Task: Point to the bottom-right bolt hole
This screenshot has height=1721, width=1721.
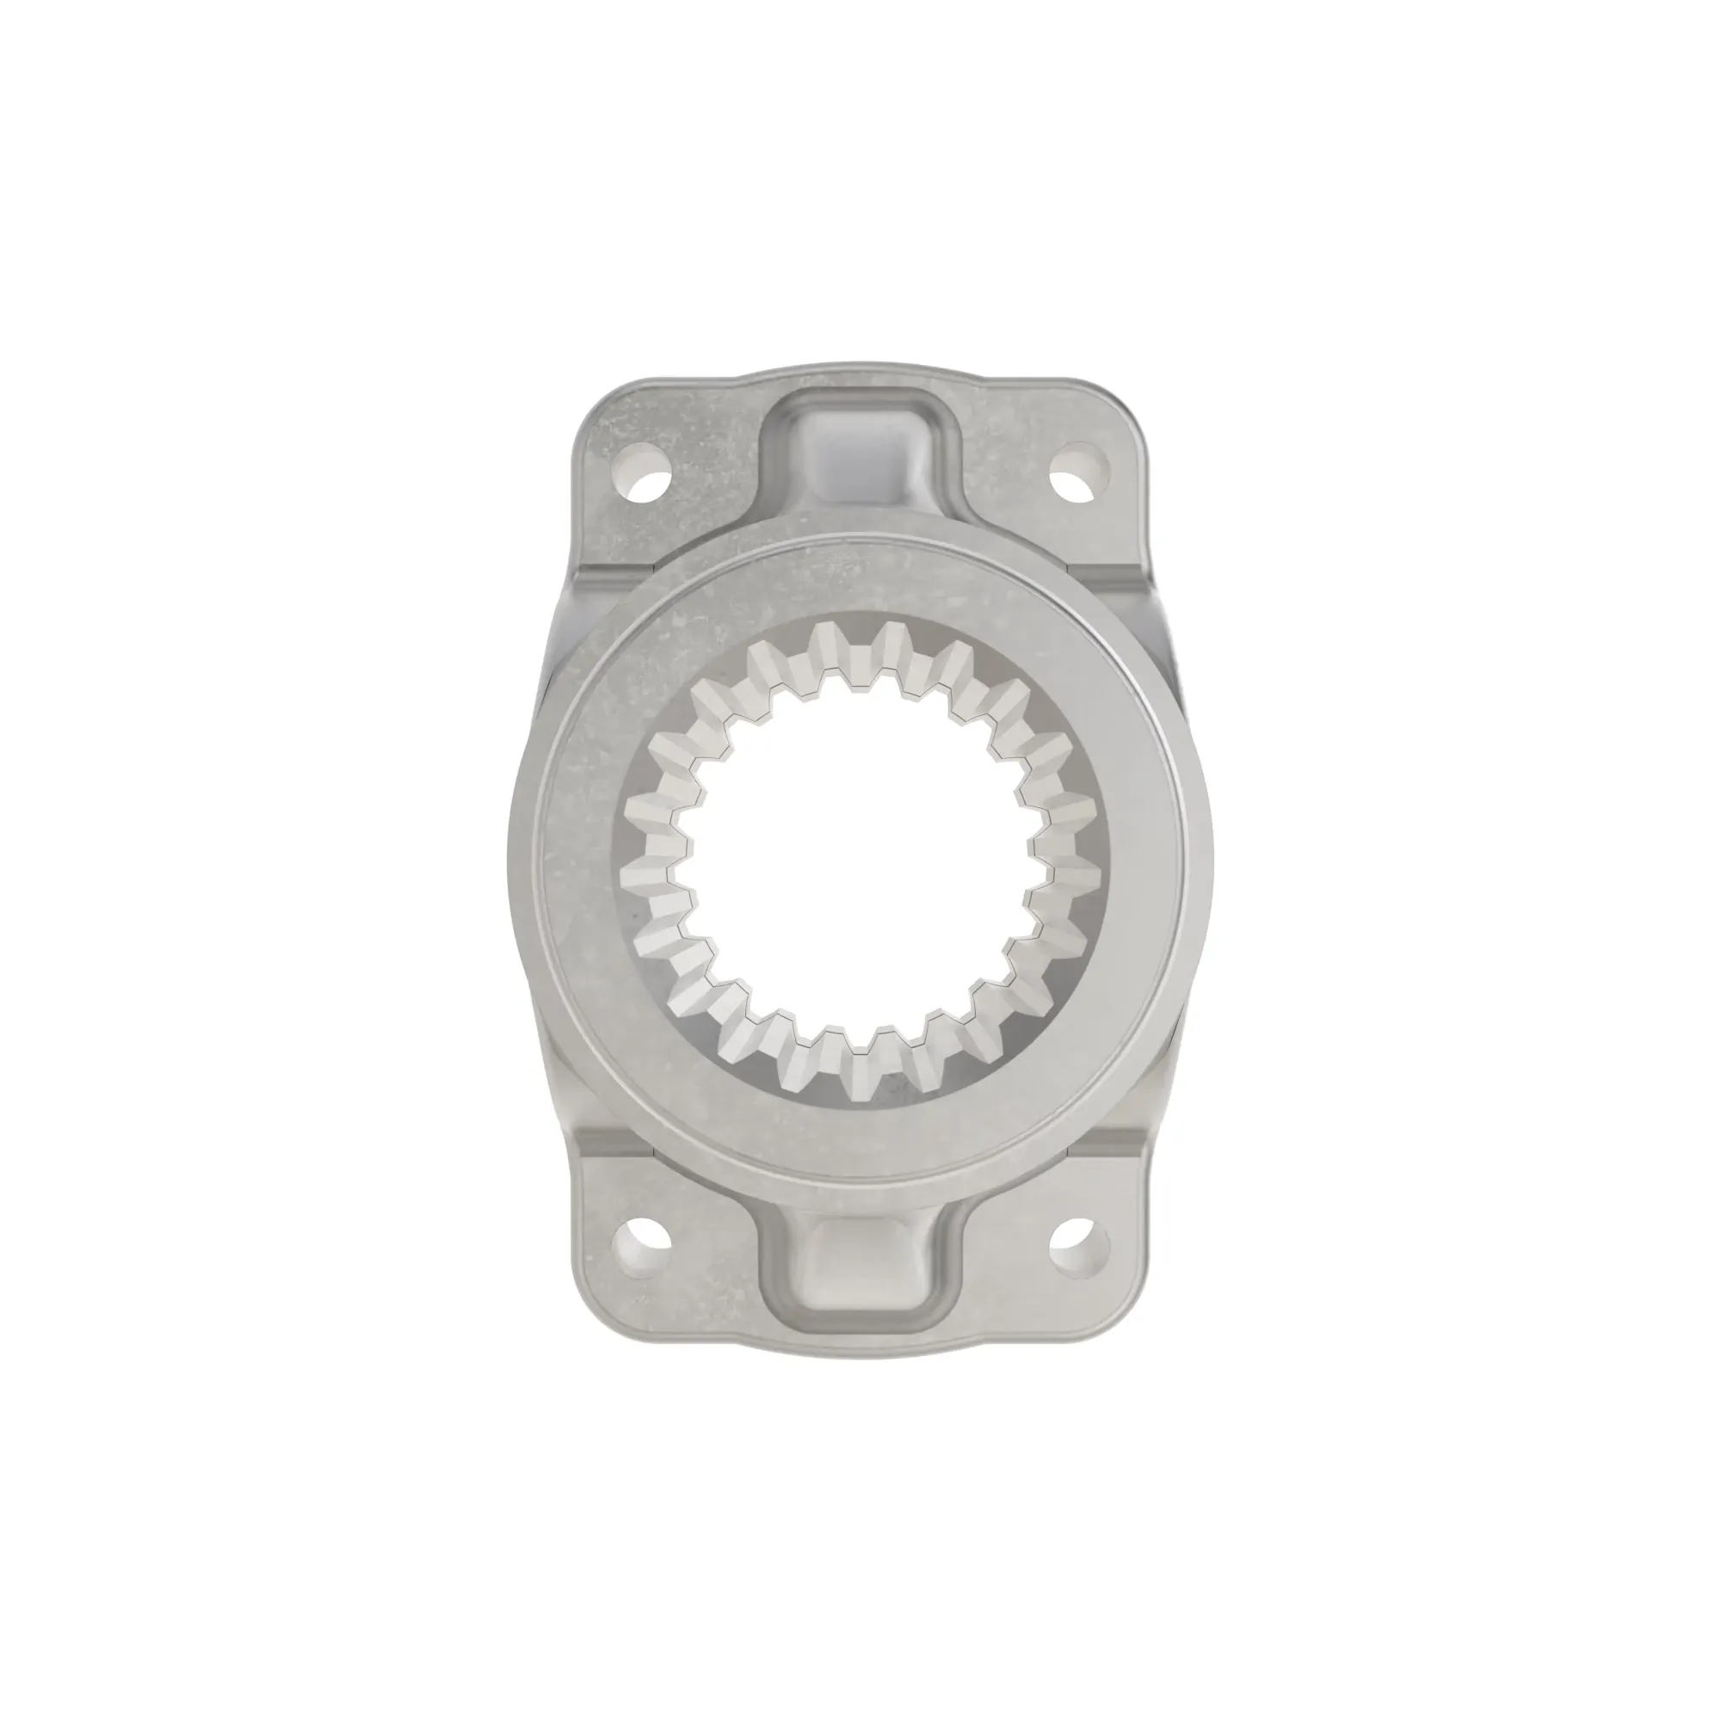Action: pos(1080,1245)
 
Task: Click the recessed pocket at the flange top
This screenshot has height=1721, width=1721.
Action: pos(861,454)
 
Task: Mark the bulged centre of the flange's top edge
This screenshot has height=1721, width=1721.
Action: pos(860,366)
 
